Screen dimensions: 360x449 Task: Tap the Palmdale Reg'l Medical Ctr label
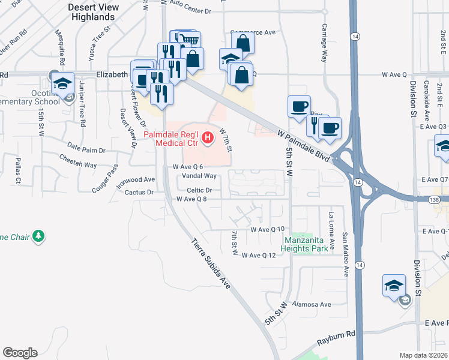click(x=173, y=139)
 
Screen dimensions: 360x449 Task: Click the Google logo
click(x=20, y=352)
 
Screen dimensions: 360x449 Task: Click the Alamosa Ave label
click(x=312, y=304)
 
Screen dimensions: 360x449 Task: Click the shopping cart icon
click(x=189, y=40)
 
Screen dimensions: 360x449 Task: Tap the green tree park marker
click(x=39, y=236)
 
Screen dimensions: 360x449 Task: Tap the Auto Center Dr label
click(x=191, y=11)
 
